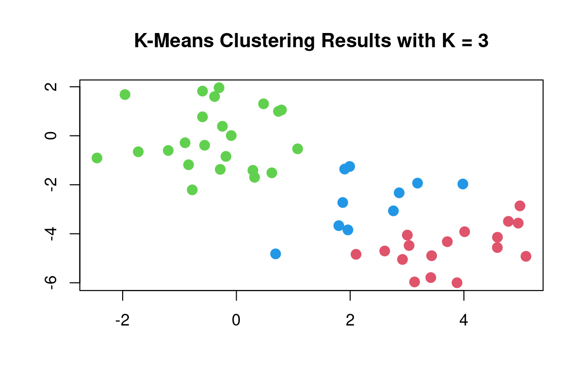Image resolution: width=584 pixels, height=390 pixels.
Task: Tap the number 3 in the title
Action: click(x=483, y=41)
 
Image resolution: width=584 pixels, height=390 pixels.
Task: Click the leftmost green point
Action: click(x=97, y=158)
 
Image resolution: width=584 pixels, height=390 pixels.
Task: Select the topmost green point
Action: click(x=219, y=88)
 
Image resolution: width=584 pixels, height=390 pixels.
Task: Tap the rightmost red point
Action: click(x=526, y=256)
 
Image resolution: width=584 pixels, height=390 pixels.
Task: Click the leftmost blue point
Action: click(x=275, y=254)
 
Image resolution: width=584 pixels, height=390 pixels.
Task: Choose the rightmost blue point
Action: click(x=463, y=184)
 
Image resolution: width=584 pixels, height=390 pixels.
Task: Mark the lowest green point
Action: click(x=192, y=190)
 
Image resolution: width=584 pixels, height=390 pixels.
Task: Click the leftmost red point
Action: click(x=356, y=254)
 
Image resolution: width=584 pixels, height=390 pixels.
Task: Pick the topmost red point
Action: click(x=520, y=206)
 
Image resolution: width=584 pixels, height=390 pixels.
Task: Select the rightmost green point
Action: click(x=298, y=149)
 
